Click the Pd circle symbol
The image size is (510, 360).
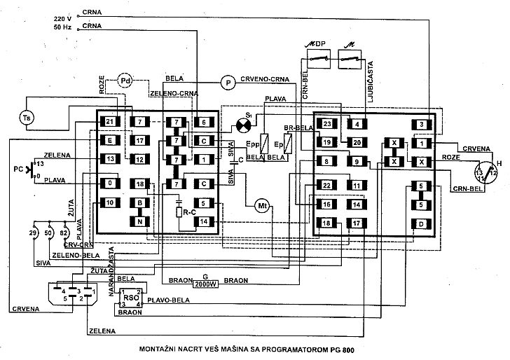(126, 81)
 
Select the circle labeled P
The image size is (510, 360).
(227, 82)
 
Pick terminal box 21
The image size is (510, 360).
(111, 122)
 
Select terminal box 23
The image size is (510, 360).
(327, 124)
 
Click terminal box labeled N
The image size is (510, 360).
(140, 221)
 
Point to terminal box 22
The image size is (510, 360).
(327, 185)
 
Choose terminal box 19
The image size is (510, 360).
(327, 142)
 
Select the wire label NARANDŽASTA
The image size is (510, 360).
(111, 260)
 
